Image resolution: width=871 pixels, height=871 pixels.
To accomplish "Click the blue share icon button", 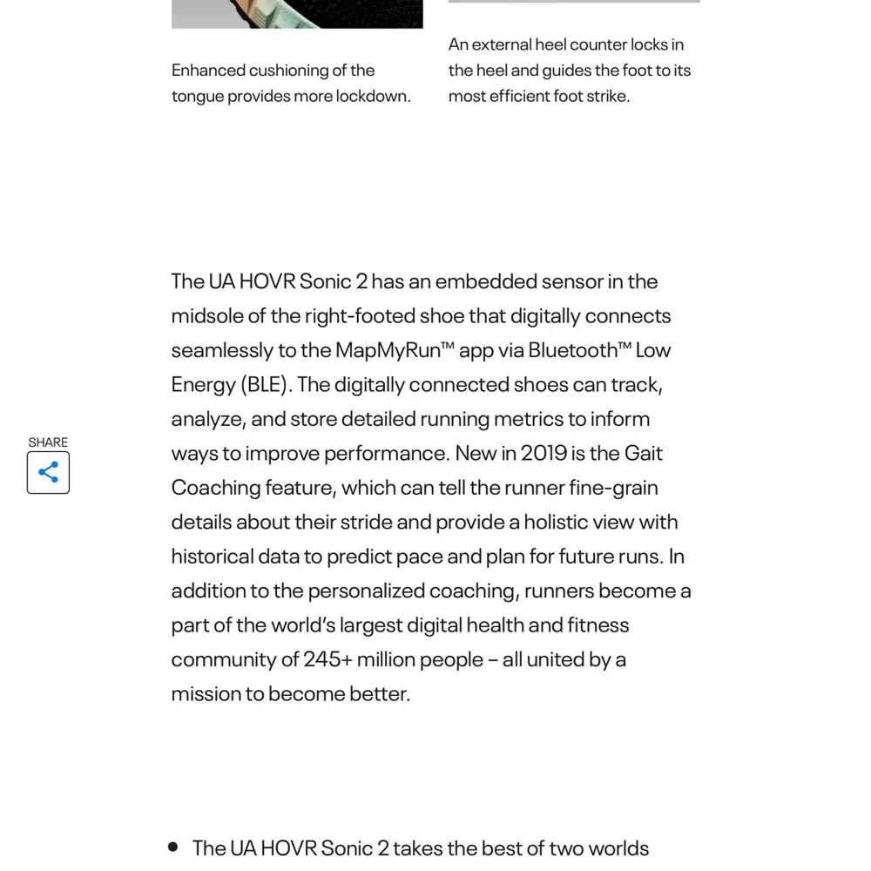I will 48,472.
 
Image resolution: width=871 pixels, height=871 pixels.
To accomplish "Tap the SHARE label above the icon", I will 48,442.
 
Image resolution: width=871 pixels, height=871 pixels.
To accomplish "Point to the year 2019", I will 544,453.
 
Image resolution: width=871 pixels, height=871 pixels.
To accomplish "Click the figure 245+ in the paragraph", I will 327,659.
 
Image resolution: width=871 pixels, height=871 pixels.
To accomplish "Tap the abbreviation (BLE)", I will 265,384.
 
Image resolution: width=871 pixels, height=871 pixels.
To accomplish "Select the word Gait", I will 644,453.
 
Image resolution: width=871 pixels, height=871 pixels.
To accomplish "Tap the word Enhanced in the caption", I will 208,71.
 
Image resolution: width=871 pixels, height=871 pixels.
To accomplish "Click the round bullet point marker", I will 172,847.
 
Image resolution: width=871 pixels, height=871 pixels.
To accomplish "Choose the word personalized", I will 367,591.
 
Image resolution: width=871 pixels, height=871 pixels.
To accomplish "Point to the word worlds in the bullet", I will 618,848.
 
